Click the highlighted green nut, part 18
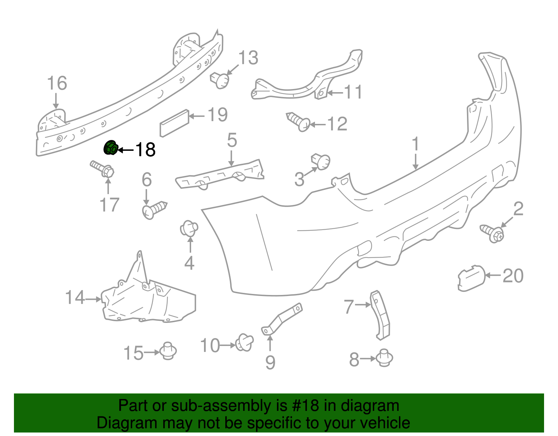point(111,148)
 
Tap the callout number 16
point(57,83)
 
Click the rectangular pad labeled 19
point(174,123)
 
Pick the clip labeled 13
point(220,80)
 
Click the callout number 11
point(353,92)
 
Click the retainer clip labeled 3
point(321,161)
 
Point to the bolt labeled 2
point(492,233)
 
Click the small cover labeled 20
point(472,279)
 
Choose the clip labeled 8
point(384,357)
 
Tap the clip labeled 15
point(168,351)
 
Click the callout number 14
point(75,297)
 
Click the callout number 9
point(270,363)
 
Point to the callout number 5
point(232,140)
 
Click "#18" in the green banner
point(304,406)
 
